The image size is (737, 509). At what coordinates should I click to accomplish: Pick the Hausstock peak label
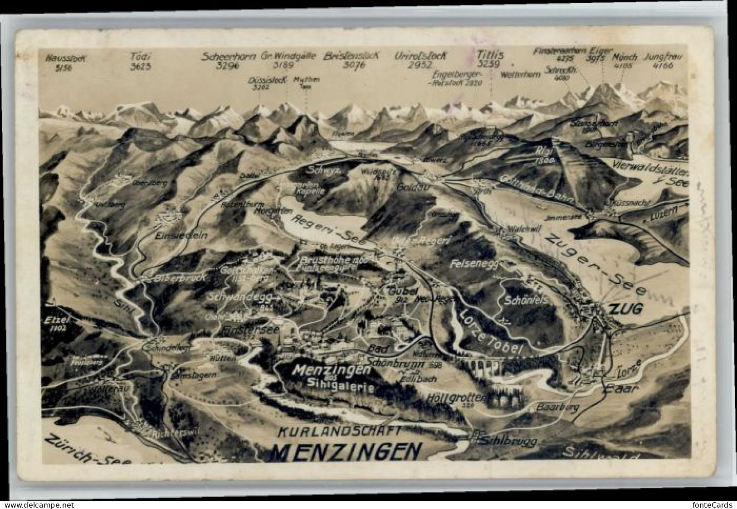click(66, 58)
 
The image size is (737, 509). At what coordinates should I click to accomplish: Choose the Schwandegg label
click(240, 297)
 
